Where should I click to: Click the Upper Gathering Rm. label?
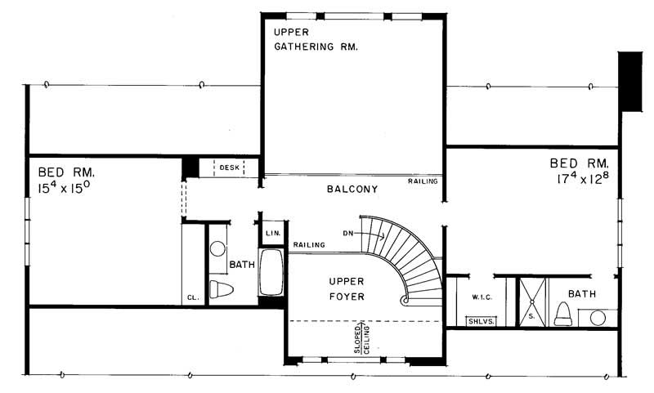316,39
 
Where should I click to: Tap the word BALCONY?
352,190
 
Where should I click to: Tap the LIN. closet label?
273,234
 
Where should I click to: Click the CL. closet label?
192,298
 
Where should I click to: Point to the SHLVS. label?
478,321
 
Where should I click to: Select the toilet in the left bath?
221,288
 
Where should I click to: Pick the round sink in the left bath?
218,251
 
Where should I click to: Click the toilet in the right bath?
562,313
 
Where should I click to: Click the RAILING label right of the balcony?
423,181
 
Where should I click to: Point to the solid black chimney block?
630,81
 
